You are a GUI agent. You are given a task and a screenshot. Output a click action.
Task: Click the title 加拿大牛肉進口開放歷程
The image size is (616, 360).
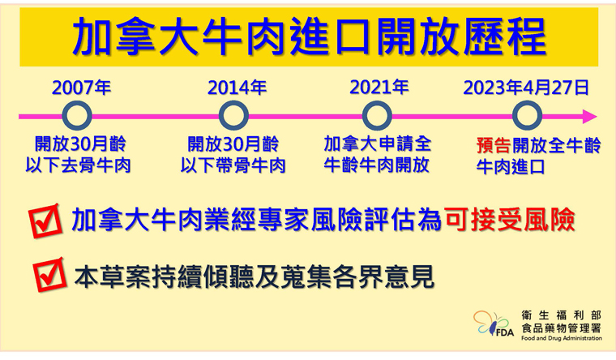pos(310,36)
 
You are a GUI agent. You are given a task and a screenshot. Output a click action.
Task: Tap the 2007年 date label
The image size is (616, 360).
pos(81,88)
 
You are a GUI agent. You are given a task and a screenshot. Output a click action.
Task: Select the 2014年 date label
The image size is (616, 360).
pos(237,88)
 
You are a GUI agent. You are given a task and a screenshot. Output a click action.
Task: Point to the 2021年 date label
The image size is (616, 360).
pos(379,87)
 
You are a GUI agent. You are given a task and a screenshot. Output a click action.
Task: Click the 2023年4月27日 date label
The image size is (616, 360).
pos(526,88)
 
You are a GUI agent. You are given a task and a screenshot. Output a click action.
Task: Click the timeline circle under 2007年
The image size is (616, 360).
pos(77,116)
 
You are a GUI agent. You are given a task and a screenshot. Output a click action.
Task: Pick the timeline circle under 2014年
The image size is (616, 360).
pos(233,116)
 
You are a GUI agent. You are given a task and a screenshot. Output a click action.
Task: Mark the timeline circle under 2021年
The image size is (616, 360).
pos(377,116)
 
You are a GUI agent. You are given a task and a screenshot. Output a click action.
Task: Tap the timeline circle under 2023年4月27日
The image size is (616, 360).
pos(527,116)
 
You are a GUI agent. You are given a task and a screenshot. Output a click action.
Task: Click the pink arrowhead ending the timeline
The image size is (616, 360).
pos(590,116)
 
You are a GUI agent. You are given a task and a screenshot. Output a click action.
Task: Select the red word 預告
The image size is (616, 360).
pos(494,145)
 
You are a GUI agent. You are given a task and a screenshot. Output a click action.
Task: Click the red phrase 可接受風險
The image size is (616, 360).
pos(510,220)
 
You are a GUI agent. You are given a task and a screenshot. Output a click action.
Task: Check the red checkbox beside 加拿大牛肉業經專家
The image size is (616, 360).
pos(45,221)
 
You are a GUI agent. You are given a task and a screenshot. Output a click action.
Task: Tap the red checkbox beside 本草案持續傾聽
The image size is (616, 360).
pos(49,274)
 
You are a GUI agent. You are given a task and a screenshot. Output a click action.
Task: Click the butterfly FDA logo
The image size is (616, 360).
pos(493,324)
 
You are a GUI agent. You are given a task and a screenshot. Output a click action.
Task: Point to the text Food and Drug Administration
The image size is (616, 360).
pos(562,338)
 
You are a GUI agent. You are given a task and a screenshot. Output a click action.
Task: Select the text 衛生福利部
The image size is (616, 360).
pos(562,315)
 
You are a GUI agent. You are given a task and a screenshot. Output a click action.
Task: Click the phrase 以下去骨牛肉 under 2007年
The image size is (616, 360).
pos(78,165)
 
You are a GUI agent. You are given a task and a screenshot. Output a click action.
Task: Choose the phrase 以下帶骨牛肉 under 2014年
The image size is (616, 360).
pos(233,165)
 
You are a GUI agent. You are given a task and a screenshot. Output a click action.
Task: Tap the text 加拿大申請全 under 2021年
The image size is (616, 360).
pos(378,144)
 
